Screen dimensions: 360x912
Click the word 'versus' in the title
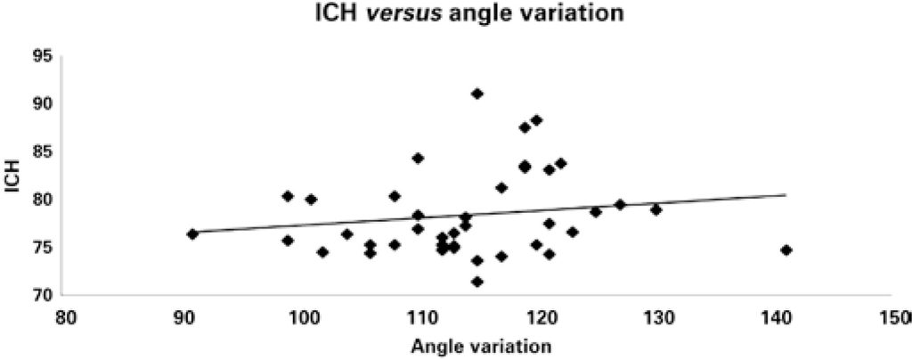tap(430, 15)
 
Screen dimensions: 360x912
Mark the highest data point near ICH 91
tap(477, 94)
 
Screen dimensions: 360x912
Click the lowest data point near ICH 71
tap(477, 282)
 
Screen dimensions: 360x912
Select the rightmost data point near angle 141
tap(786, 250)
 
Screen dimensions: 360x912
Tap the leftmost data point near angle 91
tap(192, 233)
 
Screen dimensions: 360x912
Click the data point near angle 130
tap(655, 209)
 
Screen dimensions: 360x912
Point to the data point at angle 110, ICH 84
tap(418, 158)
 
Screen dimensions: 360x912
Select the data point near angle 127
tap(620, 205)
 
